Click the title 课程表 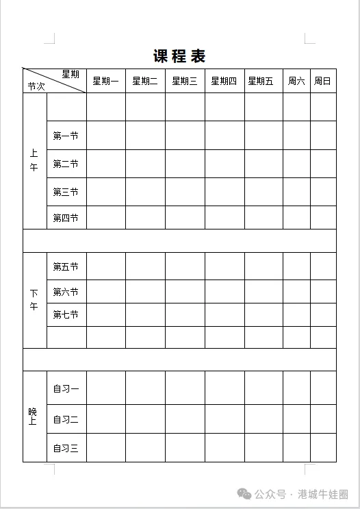[x=179, y=56]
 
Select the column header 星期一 [x=105, y=81]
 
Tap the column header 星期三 [x=185, y=81]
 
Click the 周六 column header [x=296, y=81]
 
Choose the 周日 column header [x=322, y=81]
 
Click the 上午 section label [x=34, y=161]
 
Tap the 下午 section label [x=34, y=300]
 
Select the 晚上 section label [x=34, y=417]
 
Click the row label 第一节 [x=66, y=136]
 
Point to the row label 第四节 [x=66, y=218]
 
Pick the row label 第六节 [x=66, y=292]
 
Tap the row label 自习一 [x=66, y=389]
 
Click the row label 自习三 [x=66, y=449]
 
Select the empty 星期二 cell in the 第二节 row [x=145, y=164]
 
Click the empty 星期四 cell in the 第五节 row [x=224, y=266]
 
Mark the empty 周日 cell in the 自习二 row [x=323, y=419]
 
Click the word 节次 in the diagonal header [x=36, y=86]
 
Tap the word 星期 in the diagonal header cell [x=70, y=74]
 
